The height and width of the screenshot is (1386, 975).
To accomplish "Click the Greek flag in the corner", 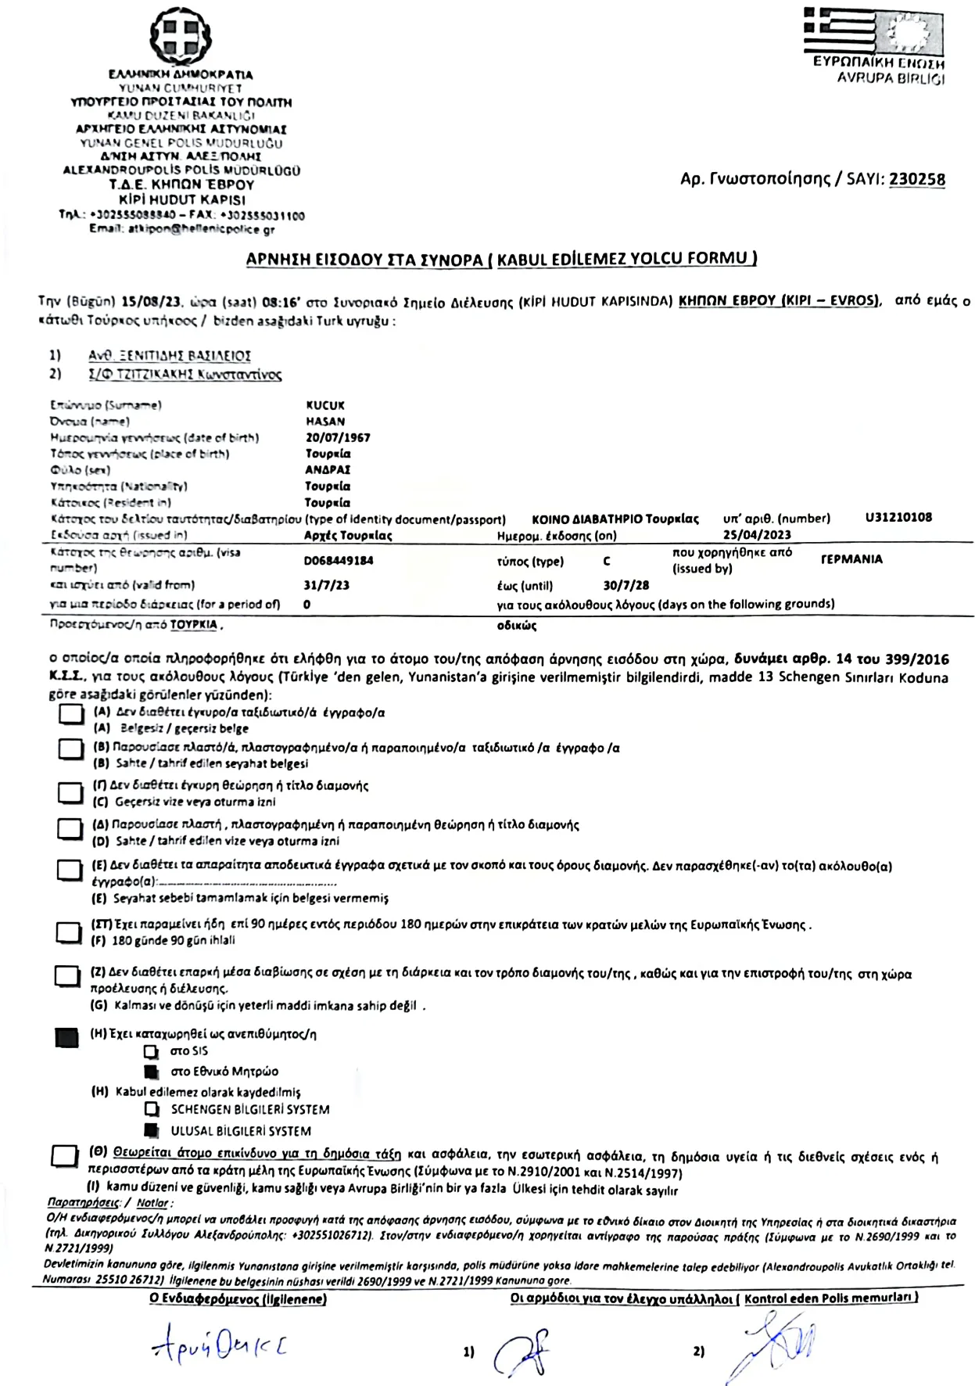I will [x=873, y=31].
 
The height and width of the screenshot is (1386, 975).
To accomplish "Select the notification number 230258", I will [x=916, y=179].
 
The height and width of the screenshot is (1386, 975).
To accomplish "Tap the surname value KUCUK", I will [x=325, y=405].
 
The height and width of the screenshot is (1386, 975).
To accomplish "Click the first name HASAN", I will [x=325, y=422].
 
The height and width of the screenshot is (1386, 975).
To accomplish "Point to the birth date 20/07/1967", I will [x=338, y=438].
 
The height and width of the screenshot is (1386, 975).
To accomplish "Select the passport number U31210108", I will [x=898, y=517].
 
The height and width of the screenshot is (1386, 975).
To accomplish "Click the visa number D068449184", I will [x=339, y=561].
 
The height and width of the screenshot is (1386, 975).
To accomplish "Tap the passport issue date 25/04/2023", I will [x=756, y=535].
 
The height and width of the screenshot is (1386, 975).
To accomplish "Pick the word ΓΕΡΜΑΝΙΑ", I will [x=851, y=559].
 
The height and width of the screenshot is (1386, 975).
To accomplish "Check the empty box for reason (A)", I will [x=71, y=714].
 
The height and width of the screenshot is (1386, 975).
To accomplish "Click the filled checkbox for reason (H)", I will [x=67, y=1037].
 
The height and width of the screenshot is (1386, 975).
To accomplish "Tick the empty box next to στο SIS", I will [x=151, y=1052].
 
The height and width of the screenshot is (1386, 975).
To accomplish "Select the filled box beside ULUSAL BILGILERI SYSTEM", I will [x=152, y=1130].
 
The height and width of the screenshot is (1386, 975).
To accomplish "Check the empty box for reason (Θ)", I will [x=64, y=1156].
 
